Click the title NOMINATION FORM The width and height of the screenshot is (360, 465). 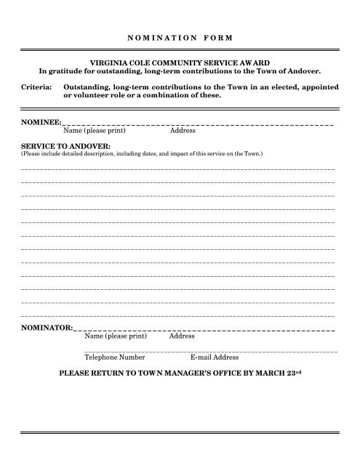pyautogui.click(x=180, y=36)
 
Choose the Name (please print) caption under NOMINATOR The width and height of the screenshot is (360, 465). pyautogui.click(x=116, y=337)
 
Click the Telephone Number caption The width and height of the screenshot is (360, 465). pyautogui.click(x=115, y=357)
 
